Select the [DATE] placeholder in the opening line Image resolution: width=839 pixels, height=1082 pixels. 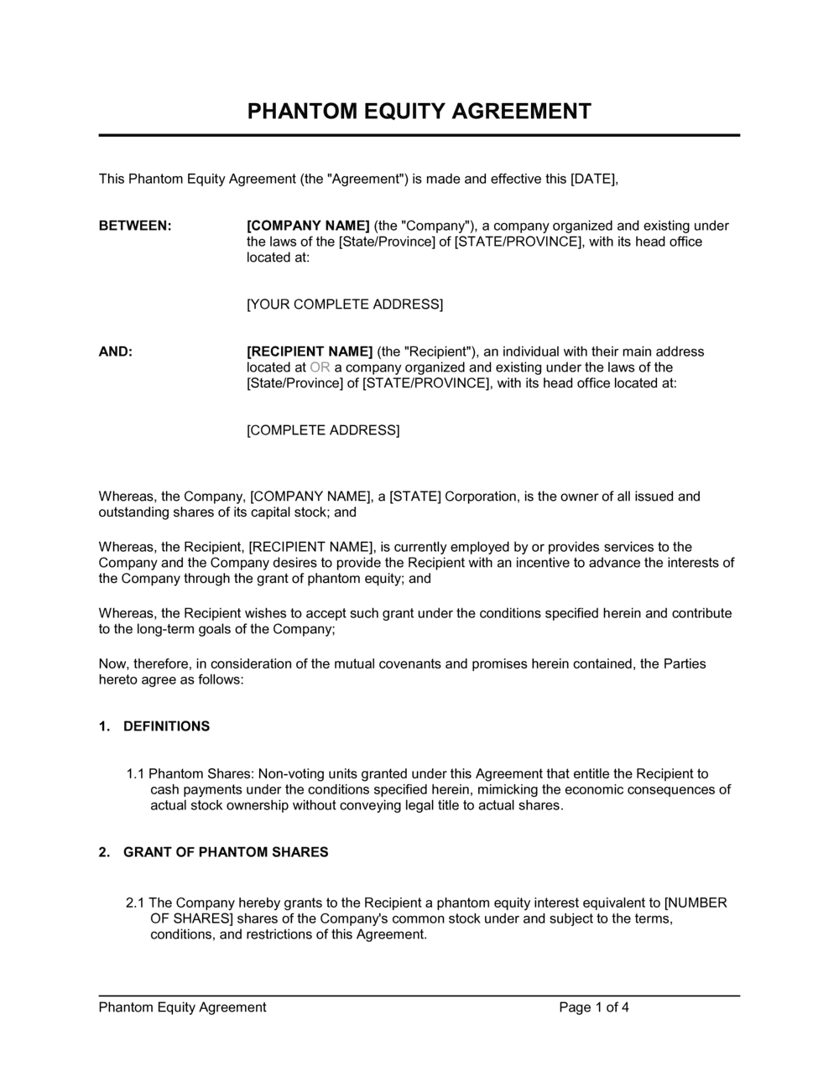(x=593, y=179)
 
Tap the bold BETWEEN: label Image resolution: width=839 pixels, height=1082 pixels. (x=135, y=226)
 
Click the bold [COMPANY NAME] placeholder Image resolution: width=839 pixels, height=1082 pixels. (x=308, y=226)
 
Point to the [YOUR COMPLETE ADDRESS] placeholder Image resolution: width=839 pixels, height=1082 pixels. (x=344, y=304)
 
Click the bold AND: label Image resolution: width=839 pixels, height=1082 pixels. (x=116, y=351)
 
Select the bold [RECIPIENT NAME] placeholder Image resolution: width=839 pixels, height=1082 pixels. (x=310, y=351)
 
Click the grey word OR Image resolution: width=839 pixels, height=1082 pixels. (x=320, y=367)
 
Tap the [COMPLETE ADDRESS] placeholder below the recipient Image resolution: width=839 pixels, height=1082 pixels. (x=323, y=430)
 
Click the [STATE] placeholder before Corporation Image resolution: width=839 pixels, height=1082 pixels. (x=414, y=497)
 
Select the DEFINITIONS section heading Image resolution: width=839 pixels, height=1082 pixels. (x=166, y=726)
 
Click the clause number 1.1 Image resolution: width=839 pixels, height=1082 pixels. (x=136, y=774)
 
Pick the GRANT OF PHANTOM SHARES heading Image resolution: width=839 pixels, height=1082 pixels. (x=226, y=852)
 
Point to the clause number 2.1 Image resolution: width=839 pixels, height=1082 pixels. (x=136, y=903)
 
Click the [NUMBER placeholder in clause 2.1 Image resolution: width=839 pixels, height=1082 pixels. (x=696, y=903)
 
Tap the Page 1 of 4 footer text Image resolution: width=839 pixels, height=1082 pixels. (x=594, y=1007)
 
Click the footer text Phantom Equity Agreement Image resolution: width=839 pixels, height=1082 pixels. (x=182, y=1007)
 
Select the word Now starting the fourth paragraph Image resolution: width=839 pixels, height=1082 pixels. (x=112, y=664)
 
